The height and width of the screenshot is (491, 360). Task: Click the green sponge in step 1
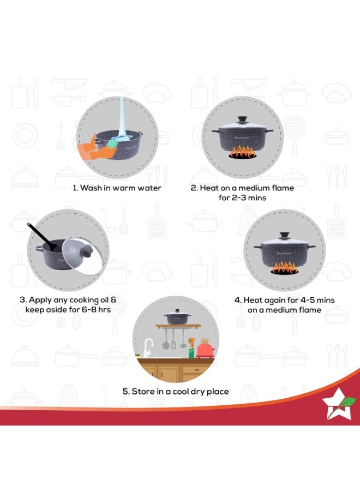(x=111, y=143)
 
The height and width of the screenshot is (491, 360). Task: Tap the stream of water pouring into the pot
(x=122, y=118)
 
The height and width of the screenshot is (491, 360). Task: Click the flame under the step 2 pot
(x=242, y=152)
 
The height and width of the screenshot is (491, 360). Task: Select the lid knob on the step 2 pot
(x=242, y=120)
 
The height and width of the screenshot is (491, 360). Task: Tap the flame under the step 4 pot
(x=285, y=268)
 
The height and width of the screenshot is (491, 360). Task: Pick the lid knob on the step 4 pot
(x=284, y=236)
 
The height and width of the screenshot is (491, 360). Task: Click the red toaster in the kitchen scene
(x=205, y=349)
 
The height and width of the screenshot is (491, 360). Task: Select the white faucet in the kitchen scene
(x=147, y=348)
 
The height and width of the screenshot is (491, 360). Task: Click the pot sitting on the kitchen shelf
(x=177, y=316)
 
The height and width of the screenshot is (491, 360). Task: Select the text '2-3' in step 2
(x=241, y=198)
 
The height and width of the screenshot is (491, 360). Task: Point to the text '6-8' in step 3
(x=88, y=309)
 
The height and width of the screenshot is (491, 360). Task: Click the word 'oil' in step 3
(x=104, y=300)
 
